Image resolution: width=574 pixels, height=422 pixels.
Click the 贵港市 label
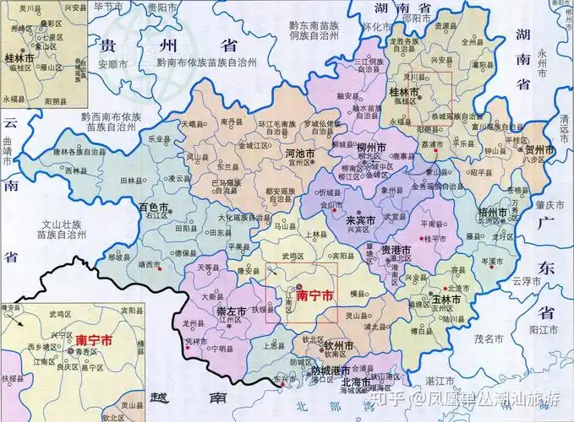point(396,252)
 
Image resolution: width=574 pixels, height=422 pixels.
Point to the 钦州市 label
point(337,347)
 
